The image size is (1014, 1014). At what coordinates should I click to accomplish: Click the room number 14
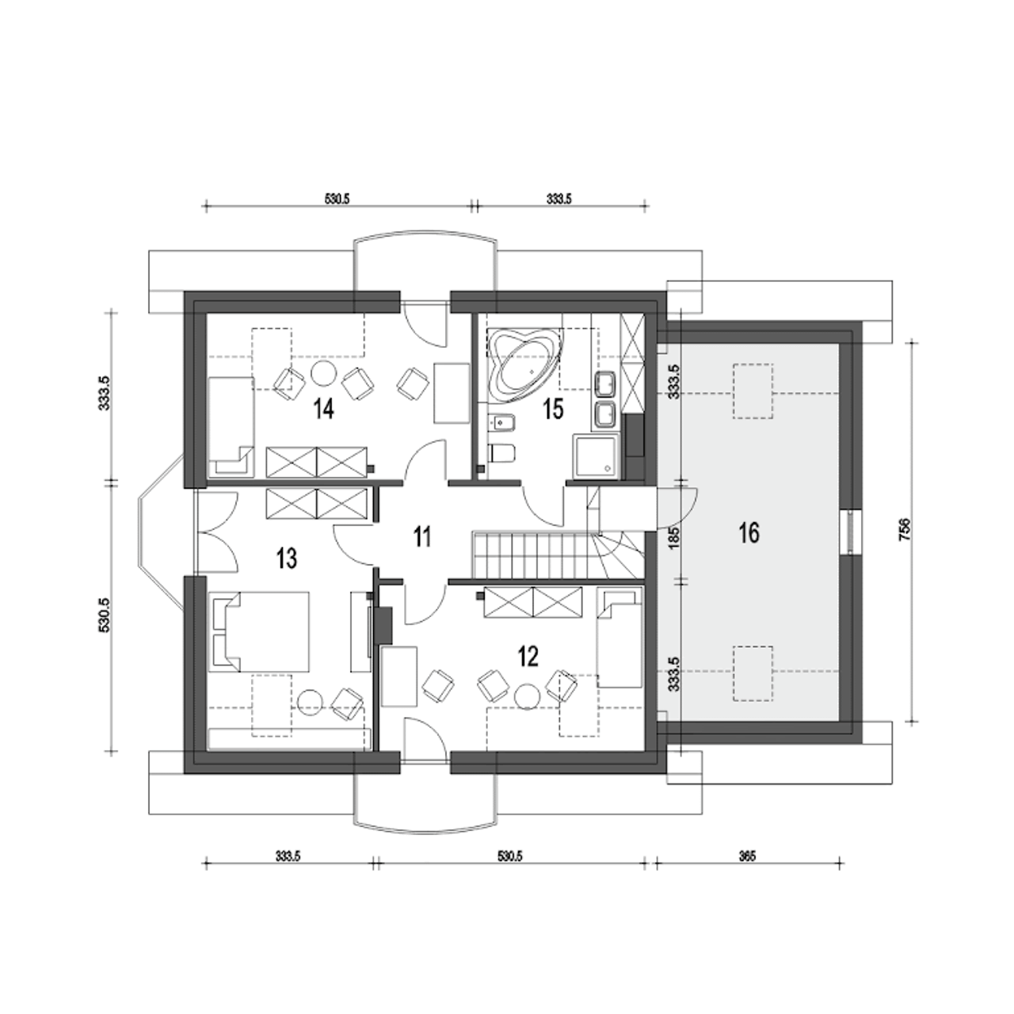click(x=324, y=409)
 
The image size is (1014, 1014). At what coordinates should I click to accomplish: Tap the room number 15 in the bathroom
click(x=553, y=409)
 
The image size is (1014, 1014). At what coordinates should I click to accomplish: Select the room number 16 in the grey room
click(x=749, y=533)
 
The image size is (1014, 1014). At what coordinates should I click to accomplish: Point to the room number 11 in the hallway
click(x=421, y=537)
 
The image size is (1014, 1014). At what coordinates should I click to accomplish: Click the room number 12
click(x=528, y=657)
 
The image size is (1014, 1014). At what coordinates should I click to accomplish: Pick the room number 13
click(x=287, y=558)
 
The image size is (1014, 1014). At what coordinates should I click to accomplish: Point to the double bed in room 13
click(x=259, y=631)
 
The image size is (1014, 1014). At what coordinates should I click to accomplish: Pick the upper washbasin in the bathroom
click(x=606, y=383)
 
